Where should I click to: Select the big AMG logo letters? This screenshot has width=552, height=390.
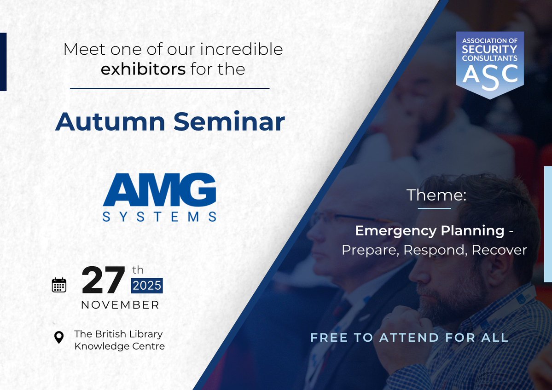point(159,190)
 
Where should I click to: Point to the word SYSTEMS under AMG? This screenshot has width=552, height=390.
point(159,217)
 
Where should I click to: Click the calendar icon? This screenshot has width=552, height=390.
point(59,285)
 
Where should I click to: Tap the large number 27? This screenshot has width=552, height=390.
point(103,281)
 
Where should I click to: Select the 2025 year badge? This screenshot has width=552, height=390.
point(147,286)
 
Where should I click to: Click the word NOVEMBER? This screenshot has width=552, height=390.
point(120,305)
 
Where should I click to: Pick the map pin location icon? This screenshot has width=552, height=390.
point(59,338)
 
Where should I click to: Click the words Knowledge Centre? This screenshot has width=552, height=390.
point(119,346)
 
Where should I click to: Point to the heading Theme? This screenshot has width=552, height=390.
point(436,195)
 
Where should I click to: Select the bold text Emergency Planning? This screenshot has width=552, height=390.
point(430,230)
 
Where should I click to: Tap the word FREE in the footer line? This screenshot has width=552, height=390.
point(328,338)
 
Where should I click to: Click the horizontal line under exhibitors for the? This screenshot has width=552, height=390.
point(169,88)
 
